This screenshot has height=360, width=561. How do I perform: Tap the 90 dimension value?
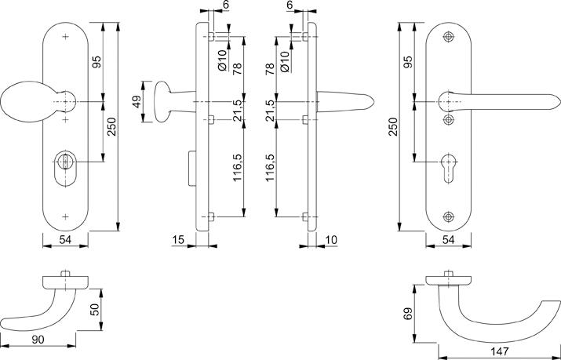coord(38,340)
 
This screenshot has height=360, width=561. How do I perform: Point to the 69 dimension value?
coord(407,314)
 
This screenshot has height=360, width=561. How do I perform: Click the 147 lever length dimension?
coord(500,351)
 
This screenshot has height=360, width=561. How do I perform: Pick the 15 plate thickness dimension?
coord(178,239)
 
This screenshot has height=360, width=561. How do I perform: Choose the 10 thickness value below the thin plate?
coord(331,239)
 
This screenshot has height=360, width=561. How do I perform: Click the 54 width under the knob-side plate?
coord(65,239)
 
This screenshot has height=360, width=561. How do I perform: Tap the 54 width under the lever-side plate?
coord(448,239)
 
